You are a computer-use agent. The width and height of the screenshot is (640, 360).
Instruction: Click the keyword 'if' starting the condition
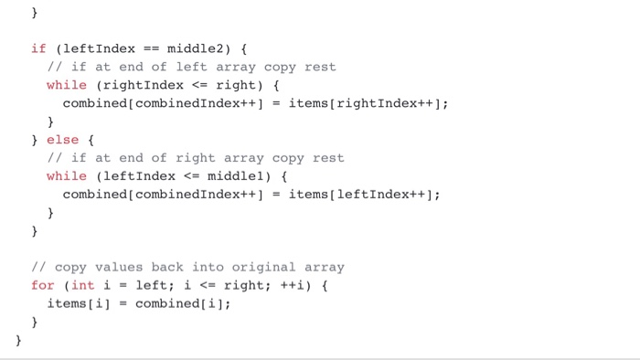(38, 48)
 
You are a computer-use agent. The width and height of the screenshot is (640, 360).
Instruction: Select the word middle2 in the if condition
(199, 48)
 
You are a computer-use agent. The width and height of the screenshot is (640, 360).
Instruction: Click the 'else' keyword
(62, 140)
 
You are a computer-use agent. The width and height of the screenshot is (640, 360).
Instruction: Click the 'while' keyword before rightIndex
(67, 85)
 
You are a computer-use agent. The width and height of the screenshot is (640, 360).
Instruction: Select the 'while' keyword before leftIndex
(67, 175)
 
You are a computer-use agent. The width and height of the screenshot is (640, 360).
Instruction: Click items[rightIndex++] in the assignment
(368, 103)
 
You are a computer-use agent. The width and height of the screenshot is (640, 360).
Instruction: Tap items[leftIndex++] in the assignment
(364, 194)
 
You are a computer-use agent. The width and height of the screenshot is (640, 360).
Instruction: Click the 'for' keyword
(42, 285)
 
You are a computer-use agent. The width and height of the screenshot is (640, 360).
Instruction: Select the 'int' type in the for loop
(83, 285)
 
